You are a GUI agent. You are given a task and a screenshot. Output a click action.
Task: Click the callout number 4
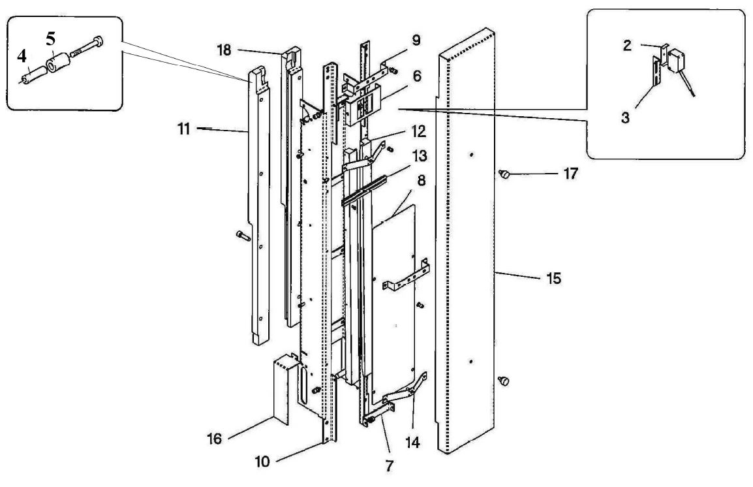[x=22, y=57]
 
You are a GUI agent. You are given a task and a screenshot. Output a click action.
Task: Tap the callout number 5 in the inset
[x=51, y=39]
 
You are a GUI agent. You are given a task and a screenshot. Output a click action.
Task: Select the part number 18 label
[x=224, y=50]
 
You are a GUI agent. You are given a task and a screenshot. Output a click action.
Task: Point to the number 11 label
[x=184, y=129]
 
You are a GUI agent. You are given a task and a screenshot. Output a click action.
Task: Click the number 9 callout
[x=416, y=40]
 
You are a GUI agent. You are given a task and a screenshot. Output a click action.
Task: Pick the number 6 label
[x=417, y=76]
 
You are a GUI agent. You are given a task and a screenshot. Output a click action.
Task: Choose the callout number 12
[x=419, y=131]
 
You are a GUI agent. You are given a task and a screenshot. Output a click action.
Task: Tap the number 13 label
[x=420, y=155]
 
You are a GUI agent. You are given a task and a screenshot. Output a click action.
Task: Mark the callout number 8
[x=421, y=181]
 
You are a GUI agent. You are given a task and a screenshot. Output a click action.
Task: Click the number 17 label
[x=570, y=174]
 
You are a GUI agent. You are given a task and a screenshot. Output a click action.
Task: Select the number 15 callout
[x=554, y=278]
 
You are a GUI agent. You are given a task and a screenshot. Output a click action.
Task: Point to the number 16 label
[x=214, y=439]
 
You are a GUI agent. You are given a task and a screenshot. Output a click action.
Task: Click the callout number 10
[x=262, y=462]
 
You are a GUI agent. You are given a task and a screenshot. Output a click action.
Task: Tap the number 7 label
[x=390, y=465]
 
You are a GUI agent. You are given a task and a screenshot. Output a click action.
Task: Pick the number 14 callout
[x=412, y=443]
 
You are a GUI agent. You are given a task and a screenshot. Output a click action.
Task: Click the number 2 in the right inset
[x=627, y=46]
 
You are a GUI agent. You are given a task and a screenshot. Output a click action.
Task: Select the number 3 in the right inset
[x=624, y=118]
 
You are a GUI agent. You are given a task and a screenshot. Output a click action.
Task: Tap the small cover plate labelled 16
[x=282, y=389]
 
